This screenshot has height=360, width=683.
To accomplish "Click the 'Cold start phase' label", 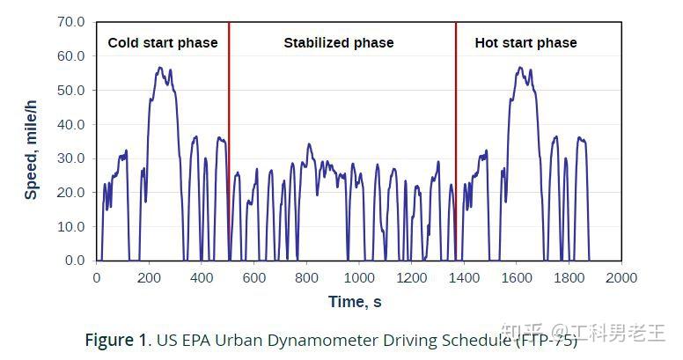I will [x=162, y=42].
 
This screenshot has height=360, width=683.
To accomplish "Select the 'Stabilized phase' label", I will [x=338, y=42].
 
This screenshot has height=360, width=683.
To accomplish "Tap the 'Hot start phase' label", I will [x=525, y=42].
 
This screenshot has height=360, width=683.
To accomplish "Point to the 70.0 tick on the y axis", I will [x=70, y=21].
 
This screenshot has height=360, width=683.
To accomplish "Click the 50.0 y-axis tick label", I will [x=70, y=90].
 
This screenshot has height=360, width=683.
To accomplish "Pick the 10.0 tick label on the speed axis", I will [x=70, y=226].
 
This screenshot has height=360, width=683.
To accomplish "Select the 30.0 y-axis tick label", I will [x=70, y=158].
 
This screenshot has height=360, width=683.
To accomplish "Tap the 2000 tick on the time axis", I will [x=621, y=277].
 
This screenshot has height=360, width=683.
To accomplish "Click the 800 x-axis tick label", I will [x=306, y=277].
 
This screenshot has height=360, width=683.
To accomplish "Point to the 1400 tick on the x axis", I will [x=464, y=277].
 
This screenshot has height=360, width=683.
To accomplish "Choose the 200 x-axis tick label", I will [x=149, y=277].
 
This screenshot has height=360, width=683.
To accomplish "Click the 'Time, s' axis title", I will [x=355, y=302].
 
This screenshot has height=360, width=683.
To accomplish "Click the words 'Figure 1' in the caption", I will [x=116, y=339].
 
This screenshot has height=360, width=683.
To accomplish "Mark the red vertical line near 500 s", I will [x=229, y=141].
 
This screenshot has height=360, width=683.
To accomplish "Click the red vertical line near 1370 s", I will [x=456, y=141].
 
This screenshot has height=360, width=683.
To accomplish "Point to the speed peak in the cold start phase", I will [x=160, y=68].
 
